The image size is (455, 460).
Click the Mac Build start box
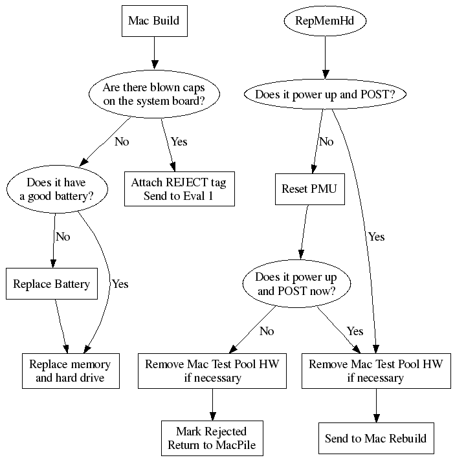153,21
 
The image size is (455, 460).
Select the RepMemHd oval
324,21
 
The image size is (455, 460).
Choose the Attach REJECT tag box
179,189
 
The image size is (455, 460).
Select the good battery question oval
56,189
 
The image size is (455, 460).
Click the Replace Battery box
52,283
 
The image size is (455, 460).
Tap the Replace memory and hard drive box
71,371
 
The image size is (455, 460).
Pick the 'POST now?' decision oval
297,283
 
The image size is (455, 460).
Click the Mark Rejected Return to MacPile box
211,438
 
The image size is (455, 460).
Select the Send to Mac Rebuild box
375,438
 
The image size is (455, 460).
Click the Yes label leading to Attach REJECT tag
179,142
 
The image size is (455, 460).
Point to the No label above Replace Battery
63,237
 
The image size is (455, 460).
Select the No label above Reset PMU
326,142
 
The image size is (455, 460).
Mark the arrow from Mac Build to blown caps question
153,52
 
